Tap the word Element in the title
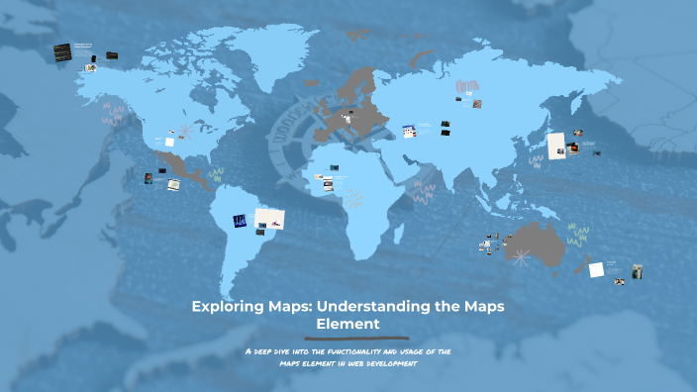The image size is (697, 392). click(x=348, y=323)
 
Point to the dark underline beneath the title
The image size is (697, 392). click(x=348, y=338)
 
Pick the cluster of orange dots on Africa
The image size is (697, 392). click(x=351, y=197)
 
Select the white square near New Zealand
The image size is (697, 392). click(x=596, y=268)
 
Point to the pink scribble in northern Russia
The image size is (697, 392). click(x=467, y=86)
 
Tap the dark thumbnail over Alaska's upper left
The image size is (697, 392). click(x=62, y=50)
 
